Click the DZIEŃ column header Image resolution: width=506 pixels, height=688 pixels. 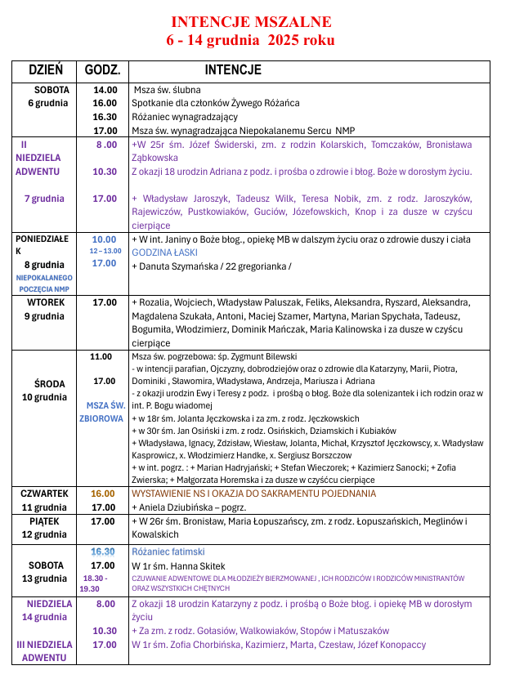(x=46, y=70)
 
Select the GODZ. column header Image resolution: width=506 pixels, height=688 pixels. (x=103, y=70)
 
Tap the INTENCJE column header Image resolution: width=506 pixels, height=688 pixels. (x=233, y=70)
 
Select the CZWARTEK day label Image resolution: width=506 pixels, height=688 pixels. (x=44, y=494)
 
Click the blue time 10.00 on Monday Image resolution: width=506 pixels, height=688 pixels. (x=104, y=239)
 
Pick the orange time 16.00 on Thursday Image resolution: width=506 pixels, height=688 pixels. (x=103, y=494)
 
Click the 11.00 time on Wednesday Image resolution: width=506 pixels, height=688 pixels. (x=101, y=356)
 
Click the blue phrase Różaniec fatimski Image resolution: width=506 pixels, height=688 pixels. (x=168, y=552)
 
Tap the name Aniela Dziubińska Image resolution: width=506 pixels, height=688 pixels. (x=177, y=507)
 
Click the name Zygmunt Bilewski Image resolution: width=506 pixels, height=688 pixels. (x=262, y=356)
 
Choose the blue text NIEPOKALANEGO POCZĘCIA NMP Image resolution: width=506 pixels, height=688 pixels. (x=44, y=284)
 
